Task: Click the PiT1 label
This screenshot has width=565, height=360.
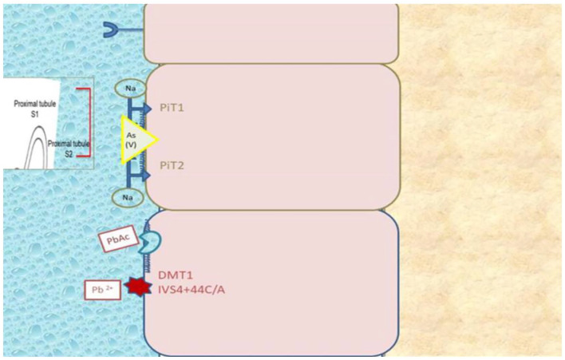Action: tap(172, 107)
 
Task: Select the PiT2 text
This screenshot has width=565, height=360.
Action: tap(172, 165)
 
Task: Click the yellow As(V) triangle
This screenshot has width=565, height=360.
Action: tap(136, 140)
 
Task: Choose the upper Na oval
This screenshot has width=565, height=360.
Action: tap(129, 89)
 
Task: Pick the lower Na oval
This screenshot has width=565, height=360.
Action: tap(128, 196)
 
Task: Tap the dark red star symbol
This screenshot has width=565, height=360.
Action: tap(139, 287)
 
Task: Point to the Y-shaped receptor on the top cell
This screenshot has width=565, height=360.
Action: tap(113, 30)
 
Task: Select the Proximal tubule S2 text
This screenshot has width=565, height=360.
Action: tap(67, 147)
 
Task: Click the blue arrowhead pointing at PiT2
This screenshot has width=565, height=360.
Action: tap(146, 174)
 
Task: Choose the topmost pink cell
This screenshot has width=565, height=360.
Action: tap(271, 32)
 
